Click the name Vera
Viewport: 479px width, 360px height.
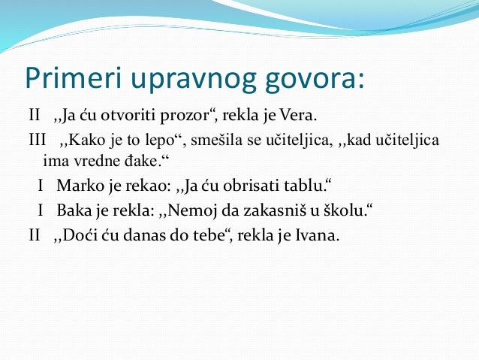point(300,117)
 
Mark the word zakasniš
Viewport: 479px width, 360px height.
point(260,209)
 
